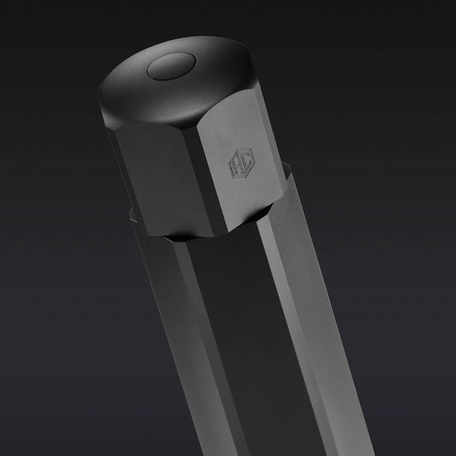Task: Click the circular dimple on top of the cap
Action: tap(169, 68)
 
